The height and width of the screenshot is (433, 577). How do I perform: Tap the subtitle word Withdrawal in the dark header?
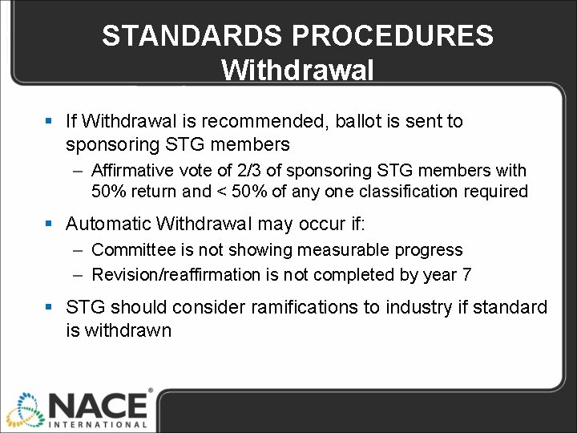297,71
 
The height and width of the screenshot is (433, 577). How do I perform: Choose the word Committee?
132,251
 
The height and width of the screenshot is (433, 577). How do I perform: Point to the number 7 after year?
466,275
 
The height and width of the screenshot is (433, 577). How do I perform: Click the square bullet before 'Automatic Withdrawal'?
50,224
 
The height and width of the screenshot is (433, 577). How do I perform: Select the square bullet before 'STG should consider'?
50,308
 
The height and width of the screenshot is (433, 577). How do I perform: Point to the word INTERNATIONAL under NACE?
98,424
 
